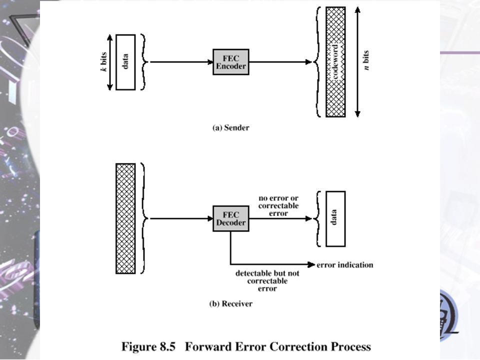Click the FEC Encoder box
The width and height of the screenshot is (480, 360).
tap(231, 62)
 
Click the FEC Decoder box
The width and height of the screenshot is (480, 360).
tap(231, 218)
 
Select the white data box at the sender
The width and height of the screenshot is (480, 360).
tap(125, 62)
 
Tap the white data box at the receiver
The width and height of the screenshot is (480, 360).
tap(335, 219)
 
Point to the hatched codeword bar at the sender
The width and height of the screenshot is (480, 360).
tap(335, 62)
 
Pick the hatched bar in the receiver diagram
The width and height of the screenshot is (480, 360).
tap(125, 218)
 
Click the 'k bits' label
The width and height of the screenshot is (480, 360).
tap(104, 62)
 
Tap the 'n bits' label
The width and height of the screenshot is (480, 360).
tap(366, 60)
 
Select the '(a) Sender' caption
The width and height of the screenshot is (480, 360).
tap(231, 127)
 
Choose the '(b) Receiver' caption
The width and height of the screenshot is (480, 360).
tap(231, 303)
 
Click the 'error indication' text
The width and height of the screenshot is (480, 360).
tap(345, 265)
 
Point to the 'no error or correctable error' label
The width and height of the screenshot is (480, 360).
tap(278, 205)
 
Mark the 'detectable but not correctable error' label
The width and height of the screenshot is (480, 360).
tap(267, 280)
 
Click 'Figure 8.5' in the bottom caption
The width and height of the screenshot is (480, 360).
tap(148, 347)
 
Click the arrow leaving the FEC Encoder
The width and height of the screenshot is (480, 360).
tap(280, 62)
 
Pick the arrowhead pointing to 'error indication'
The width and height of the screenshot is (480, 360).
tap(311, 264)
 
